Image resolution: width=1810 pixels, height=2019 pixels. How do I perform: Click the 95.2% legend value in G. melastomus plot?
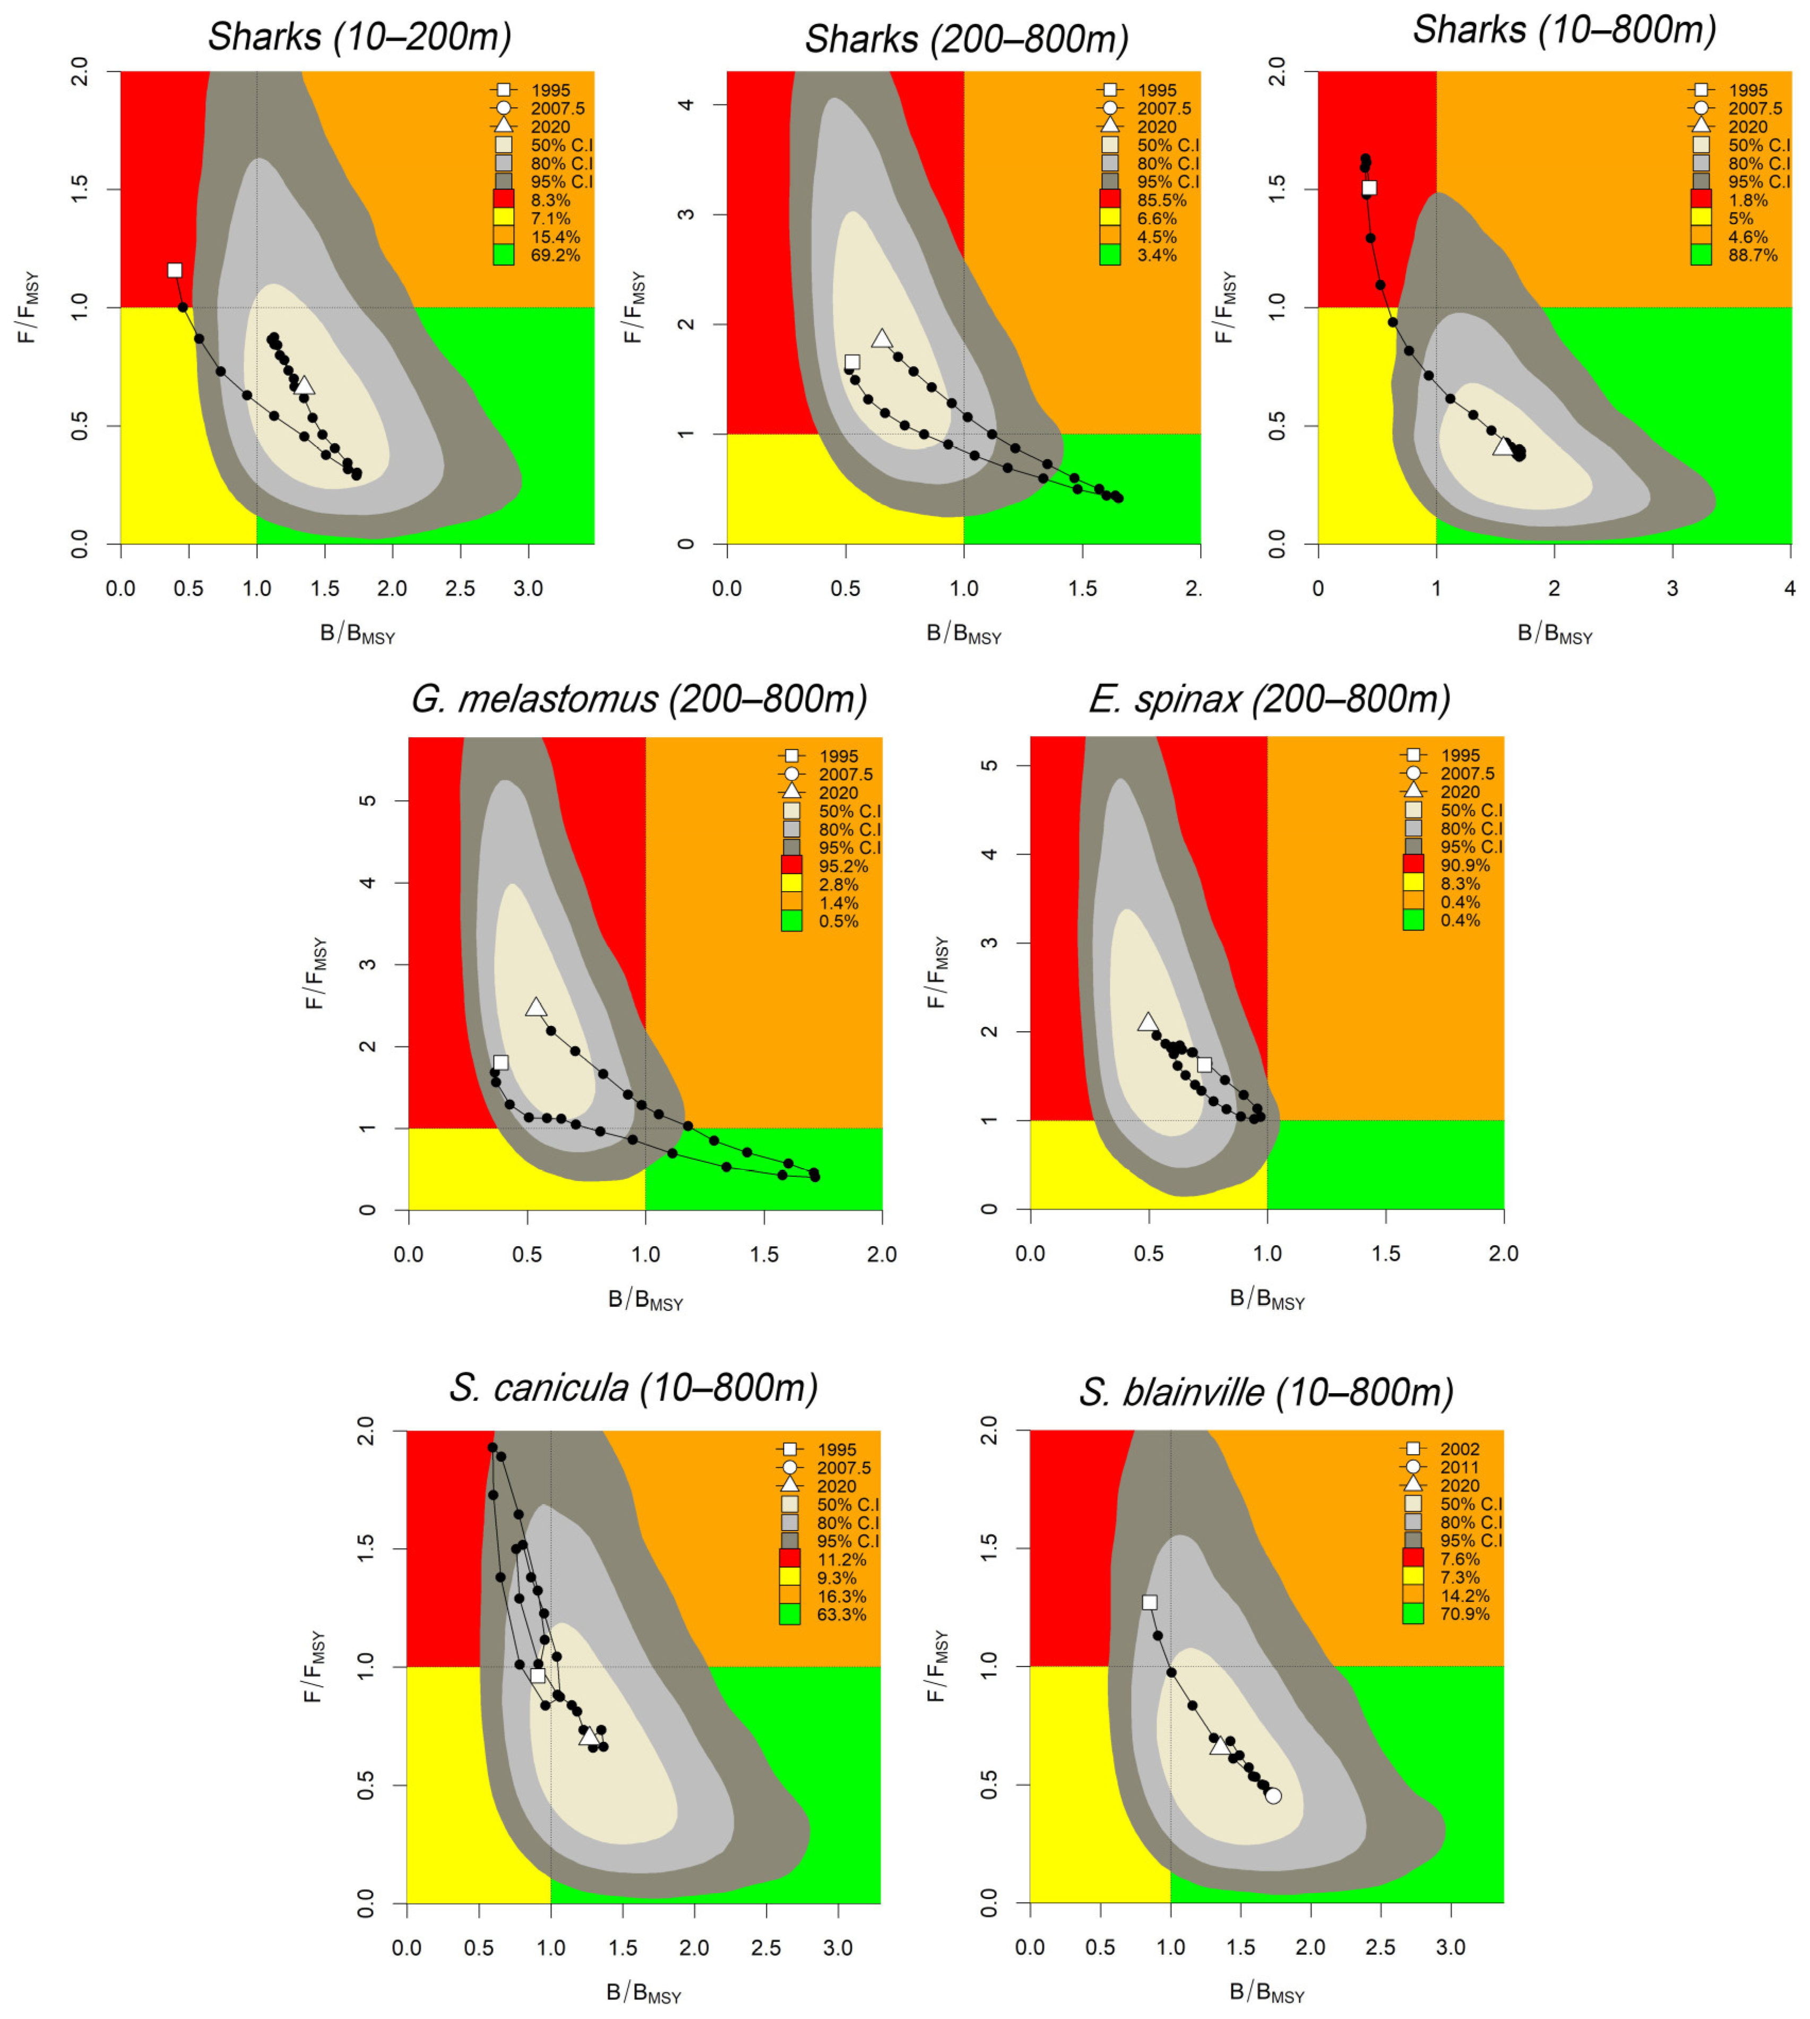842,866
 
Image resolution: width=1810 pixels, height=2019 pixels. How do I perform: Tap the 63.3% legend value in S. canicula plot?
841,1614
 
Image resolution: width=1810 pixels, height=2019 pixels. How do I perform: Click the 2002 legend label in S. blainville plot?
1460,1449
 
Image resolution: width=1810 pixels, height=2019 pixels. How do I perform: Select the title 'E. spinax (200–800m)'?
1269,699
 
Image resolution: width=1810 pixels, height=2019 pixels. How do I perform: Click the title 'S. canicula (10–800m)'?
634,1387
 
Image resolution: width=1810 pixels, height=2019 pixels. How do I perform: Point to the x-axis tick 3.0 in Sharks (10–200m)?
528,588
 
